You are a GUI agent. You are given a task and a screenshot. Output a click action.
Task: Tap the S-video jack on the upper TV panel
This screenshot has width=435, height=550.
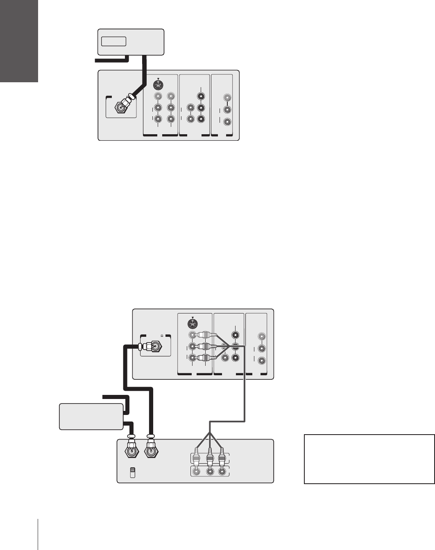(x=158, y=85)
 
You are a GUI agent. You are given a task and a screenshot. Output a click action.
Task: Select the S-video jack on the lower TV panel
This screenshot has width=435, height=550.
(x=192, y=324)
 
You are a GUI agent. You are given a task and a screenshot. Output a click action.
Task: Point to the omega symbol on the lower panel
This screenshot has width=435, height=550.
(x=162, y=336)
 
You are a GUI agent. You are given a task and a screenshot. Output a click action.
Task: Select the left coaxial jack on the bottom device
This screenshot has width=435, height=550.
(x=130, y=452)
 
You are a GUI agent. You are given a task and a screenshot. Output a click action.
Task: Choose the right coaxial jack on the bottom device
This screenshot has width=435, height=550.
(x=151, y=452)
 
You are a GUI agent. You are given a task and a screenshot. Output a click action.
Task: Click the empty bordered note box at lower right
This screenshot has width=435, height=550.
(x=369, y=459)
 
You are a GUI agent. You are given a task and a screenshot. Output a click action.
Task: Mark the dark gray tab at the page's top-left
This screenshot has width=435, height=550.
(x=19, y=41)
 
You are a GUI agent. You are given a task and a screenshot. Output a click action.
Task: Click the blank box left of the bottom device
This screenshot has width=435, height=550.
(x=91, y=416)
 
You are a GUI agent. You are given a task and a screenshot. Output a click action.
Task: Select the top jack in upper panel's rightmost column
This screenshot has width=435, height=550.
(x=227, y=98)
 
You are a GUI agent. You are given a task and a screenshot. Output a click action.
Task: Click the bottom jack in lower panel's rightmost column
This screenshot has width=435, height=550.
(x=262, y=361)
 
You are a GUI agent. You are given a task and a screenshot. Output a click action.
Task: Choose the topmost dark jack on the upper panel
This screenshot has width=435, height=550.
(x=201, y=97)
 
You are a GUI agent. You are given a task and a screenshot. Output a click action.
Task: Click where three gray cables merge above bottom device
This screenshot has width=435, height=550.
(x=210, y=432)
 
